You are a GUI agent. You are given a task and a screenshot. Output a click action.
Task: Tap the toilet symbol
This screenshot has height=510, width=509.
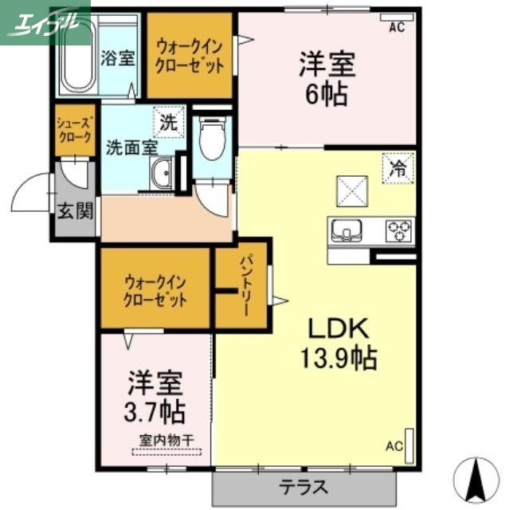pyautogui.click(x=211, y=140)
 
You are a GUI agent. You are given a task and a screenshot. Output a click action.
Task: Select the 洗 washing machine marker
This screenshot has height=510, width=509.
pyautogui.click(x=167, y=122)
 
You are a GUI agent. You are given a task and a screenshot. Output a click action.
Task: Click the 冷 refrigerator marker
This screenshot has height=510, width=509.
pyautogui.click(x=396, y=168)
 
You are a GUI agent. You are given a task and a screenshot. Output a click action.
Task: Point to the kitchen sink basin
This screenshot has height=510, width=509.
pyautogui.click(x=347, y=231)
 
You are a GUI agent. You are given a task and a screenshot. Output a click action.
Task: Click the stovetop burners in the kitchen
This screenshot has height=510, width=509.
pyautogui.click(x=399, y=230)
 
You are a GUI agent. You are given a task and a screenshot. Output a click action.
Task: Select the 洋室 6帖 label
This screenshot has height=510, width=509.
pyautogui.click(x=327, y=77)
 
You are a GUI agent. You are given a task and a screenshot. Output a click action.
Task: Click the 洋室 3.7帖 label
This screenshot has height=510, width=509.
pyautogui.click(x=155, y=398)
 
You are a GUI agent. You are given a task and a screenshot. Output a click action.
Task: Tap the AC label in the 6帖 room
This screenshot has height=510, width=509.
pyautogui.click(x=397, y=29)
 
